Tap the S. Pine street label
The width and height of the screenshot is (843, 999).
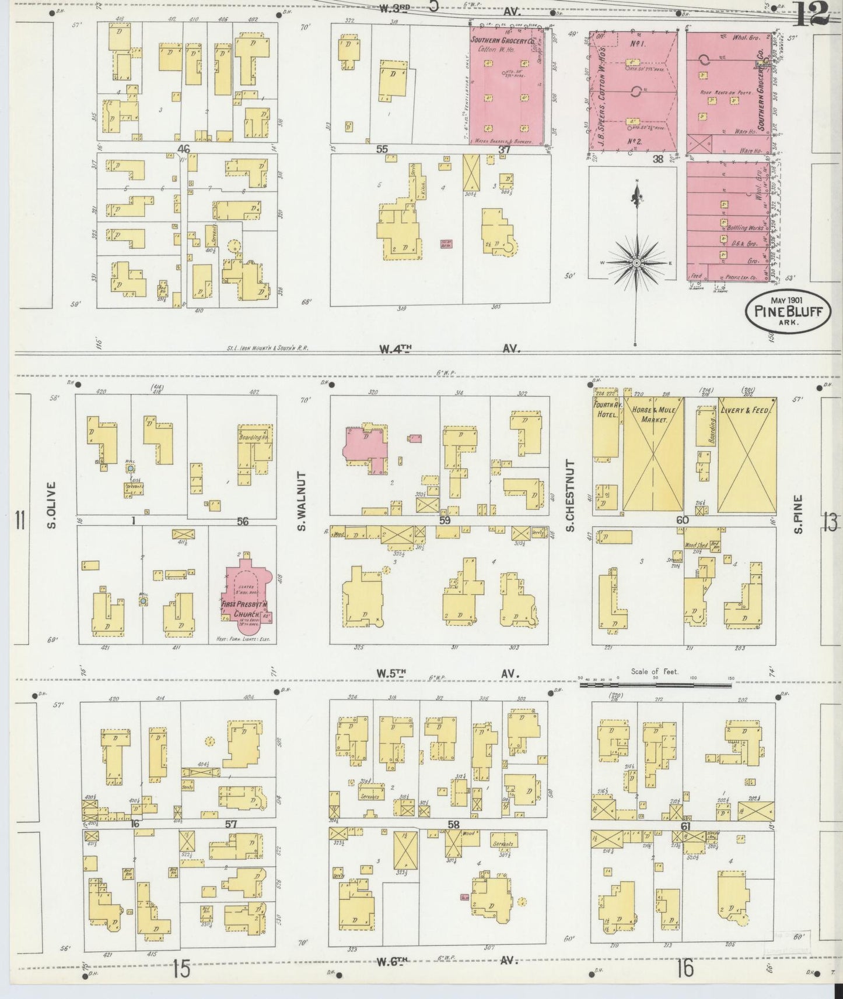coord(799,513)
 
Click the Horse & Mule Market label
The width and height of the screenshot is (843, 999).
coord(653,414)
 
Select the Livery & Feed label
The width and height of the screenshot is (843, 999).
coord(747,411)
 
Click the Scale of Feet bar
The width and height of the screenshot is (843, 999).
coord(655,685)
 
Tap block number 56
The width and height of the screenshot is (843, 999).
coord(242,522)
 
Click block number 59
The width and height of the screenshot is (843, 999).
coord(445,520)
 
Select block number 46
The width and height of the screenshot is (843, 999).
coord(185,149)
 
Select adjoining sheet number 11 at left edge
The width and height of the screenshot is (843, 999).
coord(20,519)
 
